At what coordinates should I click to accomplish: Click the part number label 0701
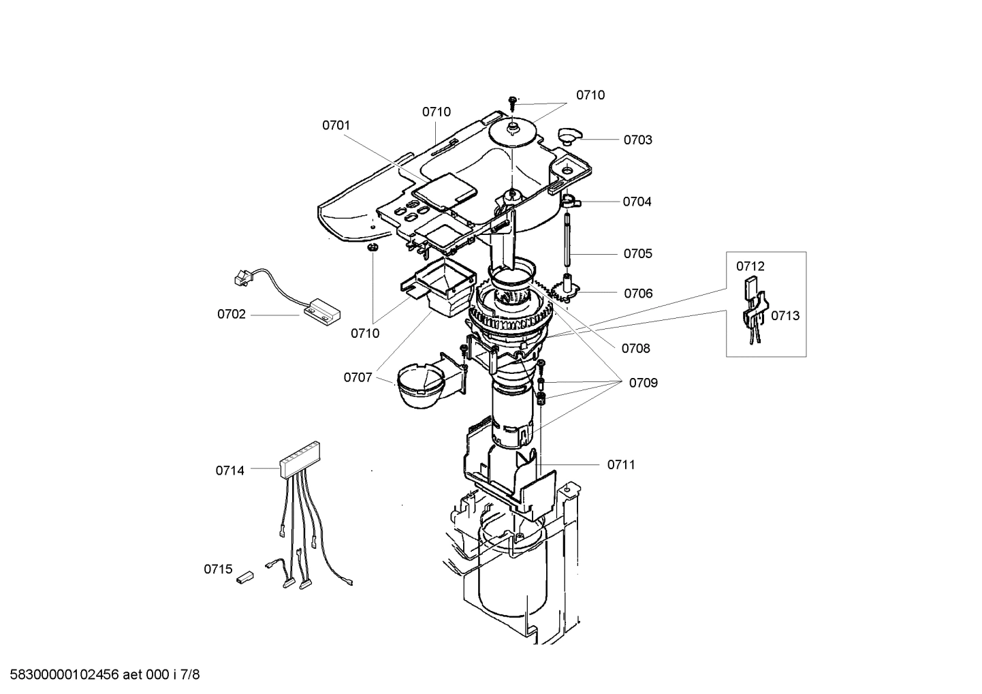pyautogui.click(x=336, y=125)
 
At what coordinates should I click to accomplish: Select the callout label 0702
pyautogui.click(x=231, y=315)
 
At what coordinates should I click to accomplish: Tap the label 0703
pyautogui.click(x=637, y=140)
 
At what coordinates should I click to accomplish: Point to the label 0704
pyautogui.click(x=637, y=202)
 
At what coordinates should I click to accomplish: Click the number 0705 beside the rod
pyautogui.click(x=637, y=254)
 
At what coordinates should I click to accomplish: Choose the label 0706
pyautogui.click(x=638, y=294)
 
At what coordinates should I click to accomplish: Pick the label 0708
pyautogui.click(x=635, y=349)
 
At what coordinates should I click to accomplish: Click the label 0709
pyautogui.click(x=643, y=383)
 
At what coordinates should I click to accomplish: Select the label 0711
pyautogui.click(x=620, y=465)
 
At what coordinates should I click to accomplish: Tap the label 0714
pyautogui.click(x=229, y=471)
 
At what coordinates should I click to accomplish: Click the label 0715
pyautogui.click(x=218, y=569)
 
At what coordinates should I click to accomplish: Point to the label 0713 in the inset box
pyautogui.click(x=785, y=316)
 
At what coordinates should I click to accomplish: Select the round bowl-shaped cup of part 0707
pyautogui.click(x=418, y=388)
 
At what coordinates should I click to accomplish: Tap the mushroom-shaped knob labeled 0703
pyautogui.click(x=567, y=133)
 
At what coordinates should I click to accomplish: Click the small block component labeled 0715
pyautogui.click(x=244, y=578)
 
